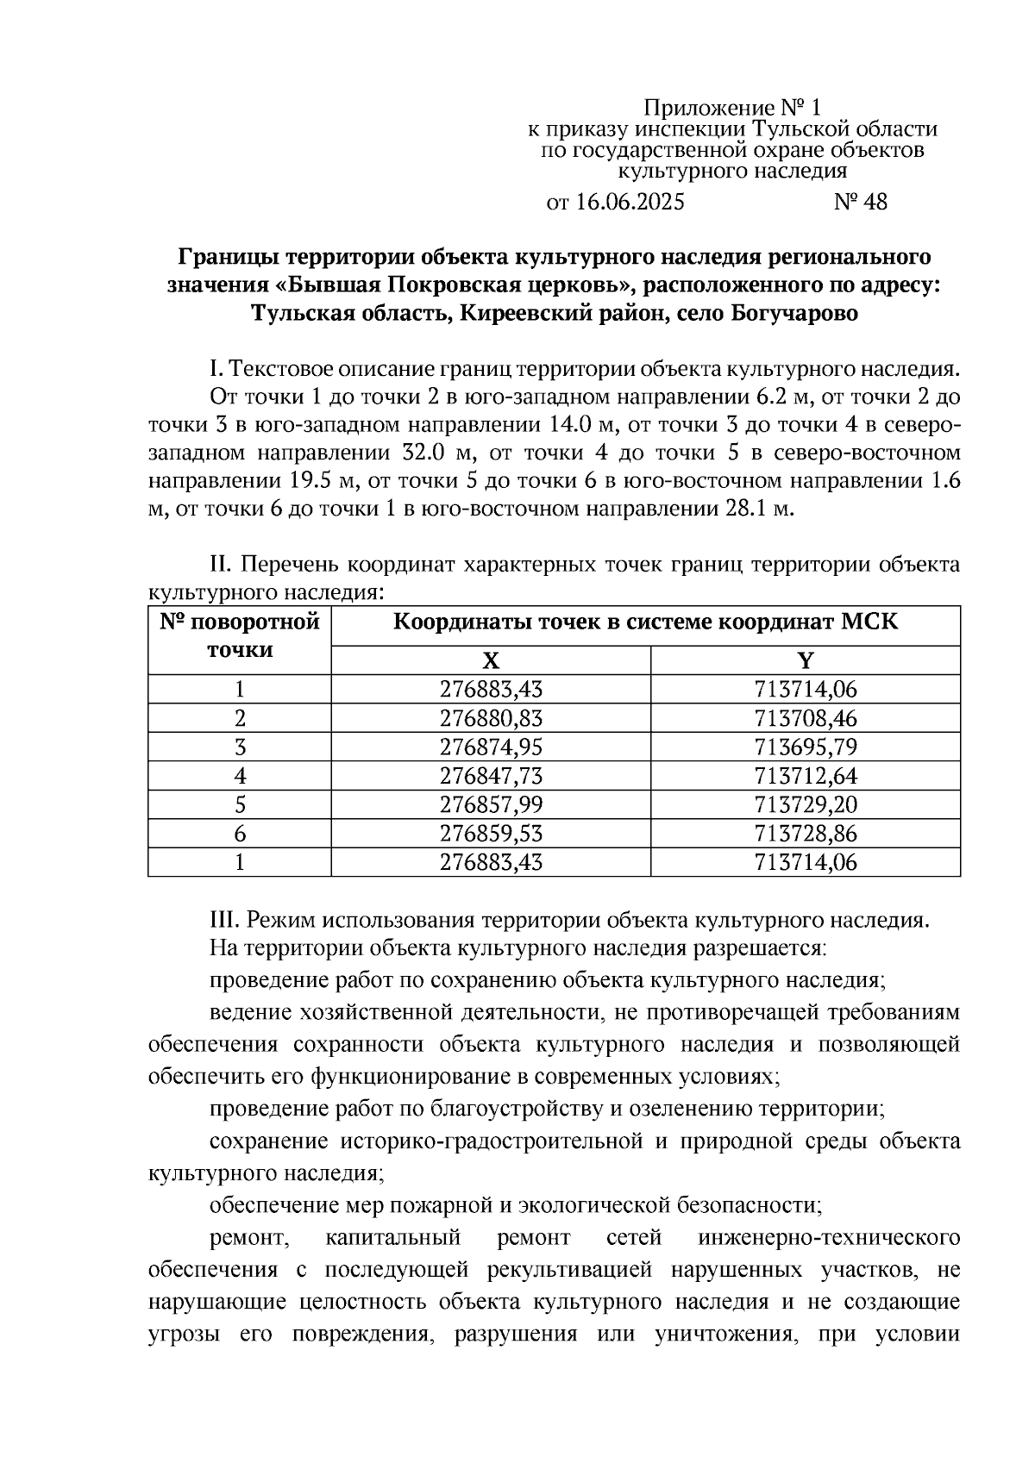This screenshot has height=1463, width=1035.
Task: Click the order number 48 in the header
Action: (x=873, y=203)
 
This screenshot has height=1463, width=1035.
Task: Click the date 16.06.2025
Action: (x=629, y=203)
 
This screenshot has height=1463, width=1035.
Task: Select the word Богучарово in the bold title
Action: (x=794, y=313)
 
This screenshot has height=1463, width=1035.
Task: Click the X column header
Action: (x=490, y=661)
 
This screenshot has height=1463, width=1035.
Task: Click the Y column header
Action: (x=805, y=661)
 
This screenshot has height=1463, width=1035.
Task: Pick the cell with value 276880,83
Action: (x=491, y=718)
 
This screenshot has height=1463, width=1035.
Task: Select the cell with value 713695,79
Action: (x=805, y=747)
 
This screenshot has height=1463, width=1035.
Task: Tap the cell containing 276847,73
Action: (x=491, y=776)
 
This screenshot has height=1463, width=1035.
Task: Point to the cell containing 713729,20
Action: (x=805, y=804)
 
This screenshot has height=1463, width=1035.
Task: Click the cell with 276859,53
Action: (x=491, y=834)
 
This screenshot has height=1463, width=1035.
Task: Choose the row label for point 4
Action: (x=240, y=776)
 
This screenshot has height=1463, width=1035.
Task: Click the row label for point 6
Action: (x=240, y=834)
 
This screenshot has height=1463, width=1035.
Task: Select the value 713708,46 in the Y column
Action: (x=805, y=718)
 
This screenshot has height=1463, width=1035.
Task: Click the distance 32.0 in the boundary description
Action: (x=425, y=453)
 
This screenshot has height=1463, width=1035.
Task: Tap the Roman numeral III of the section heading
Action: (x=224, y=920)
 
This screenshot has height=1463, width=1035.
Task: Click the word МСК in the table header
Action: (x=871, y=622)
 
